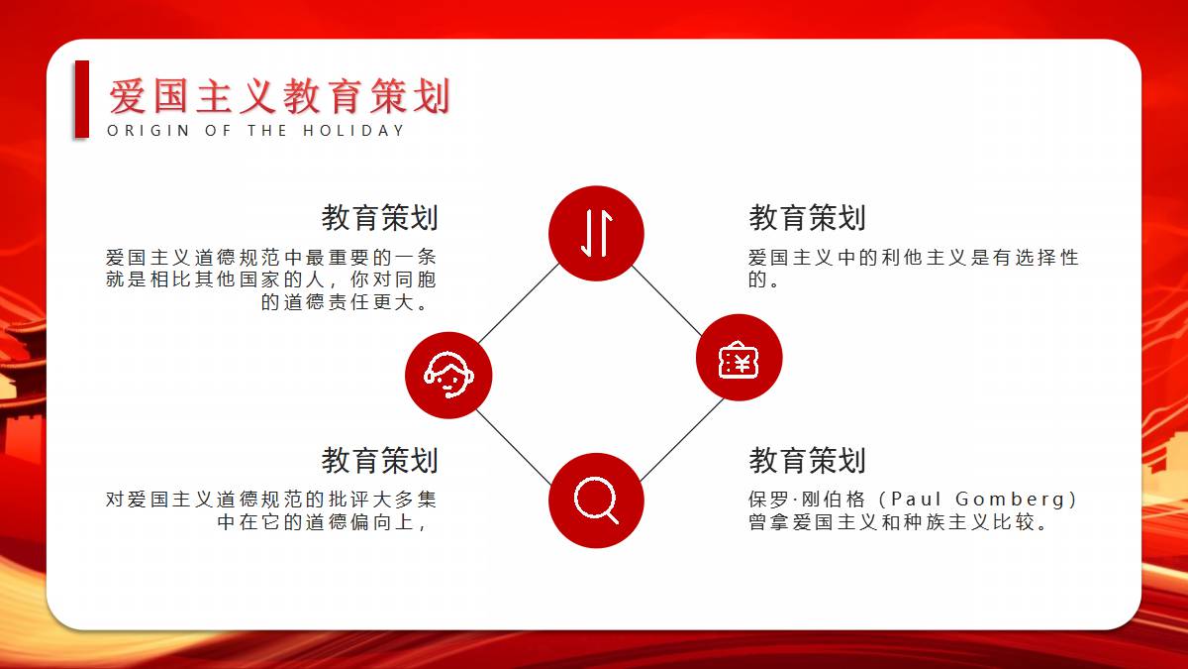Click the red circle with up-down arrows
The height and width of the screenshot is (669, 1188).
(x=596, y=233)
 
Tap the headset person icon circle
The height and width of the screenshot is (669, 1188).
(x=448, y=376)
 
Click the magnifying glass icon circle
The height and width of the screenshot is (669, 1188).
(x=596, y=501)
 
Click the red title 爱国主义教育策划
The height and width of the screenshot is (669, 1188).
(x=280, y=96)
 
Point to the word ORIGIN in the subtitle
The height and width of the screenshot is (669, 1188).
(x=148, y=131)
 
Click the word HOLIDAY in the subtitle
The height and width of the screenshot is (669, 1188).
(x=353, y=131)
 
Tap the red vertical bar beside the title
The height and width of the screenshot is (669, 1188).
(x=81, y=99)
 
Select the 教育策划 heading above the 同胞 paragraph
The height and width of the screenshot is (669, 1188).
(x=380, y=218)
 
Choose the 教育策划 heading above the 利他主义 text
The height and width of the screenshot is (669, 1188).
(x=807, y=218)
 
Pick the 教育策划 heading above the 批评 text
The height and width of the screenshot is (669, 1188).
(x=380, y=460)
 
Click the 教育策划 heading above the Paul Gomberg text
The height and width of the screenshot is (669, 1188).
(x=807, y=460)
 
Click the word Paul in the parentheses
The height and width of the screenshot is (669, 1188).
(x=916, y=500)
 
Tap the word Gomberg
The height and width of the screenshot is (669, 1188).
(x=1011, y=500)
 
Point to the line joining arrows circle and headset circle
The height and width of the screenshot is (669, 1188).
(x=519, y=303)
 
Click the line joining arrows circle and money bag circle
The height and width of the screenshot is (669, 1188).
(x=667, y=300)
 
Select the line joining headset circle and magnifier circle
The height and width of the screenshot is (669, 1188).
(x=514, y=447)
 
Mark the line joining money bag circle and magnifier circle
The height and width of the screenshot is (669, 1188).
(x=682, y=440)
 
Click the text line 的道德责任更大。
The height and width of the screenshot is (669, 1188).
(x=345, y=302)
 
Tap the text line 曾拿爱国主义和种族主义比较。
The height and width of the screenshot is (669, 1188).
(x=899, y=522)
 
